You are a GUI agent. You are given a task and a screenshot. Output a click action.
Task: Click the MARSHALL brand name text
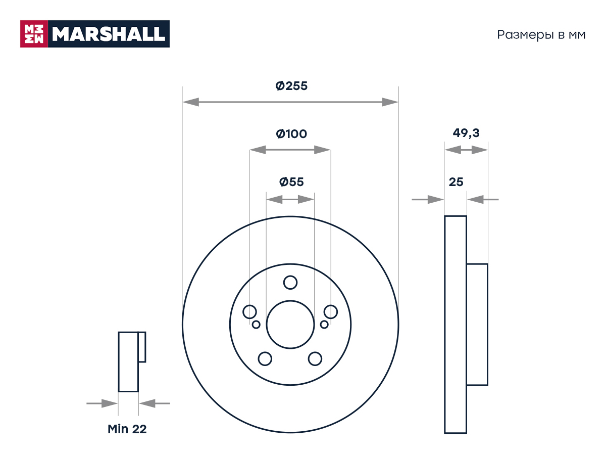point(109,34)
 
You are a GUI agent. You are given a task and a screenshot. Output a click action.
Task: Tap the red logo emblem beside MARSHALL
point(34,34)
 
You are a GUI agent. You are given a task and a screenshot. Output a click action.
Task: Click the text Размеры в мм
point(541,35)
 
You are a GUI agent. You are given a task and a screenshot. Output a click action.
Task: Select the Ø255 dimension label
point(291,85)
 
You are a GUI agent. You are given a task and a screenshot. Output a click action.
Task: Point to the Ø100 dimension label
point(291,133)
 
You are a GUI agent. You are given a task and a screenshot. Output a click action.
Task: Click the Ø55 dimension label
point(291,182)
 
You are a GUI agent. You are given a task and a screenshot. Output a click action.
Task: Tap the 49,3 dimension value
point(466,133)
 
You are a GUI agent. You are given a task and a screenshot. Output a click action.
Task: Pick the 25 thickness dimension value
point(456,182)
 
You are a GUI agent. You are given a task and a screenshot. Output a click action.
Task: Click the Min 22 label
point(127,429)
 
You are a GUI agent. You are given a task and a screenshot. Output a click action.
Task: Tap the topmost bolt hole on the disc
point(290,282)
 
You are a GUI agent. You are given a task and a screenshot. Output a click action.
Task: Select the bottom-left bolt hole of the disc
point(265,359)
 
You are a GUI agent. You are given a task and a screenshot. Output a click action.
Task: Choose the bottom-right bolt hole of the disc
point(315,359)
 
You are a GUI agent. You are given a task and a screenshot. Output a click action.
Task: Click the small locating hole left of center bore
point(256,325)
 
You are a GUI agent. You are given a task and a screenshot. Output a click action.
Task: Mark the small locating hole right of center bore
point(324,325)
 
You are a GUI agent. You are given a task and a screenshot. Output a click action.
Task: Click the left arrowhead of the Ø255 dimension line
point(191,102)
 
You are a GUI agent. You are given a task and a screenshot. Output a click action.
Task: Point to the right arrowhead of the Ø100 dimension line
point(323,150)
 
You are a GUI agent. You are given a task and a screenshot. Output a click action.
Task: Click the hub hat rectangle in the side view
point(477,325)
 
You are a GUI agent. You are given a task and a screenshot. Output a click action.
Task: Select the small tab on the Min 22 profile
point(142,347)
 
